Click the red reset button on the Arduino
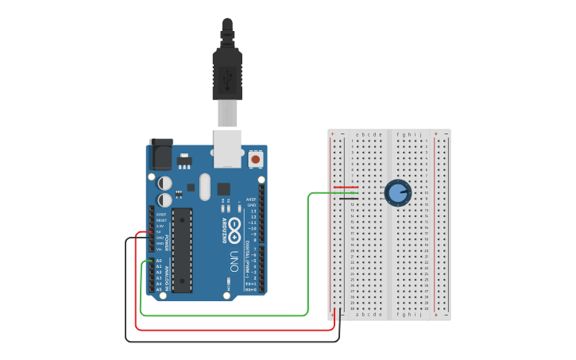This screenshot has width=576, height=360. (x=255, y=160)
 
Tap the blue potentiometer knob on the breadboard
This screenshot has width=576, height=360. (x=397, y=192)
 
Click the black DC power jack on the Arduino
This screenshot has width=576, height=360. (x=160, y=154)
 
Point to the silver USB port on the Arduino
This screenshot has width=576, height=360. (x=228, y=148)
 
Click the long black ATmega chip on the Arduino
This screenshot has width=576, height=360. (x=182, y=250)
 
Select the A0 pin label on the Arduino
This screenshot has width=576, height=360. (x=158, y=261)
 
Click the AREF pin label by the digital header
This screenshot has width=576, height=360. (x=251, y=199)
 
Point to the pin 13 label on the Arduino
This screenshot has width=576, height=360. (x=253, y=211)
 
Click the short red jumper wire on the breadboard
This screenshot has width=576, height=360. (x=346, y=188)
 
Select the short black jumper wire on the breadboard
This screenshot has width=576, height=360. (x=346, y=198)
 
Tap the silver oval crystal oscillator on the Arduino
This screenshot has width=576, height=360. (x=205, y=188)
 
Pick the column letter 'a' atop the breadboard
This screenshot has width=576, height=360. (x=357, y=135)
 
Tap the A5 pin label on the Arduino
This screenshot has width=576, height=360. (x=158, y=288)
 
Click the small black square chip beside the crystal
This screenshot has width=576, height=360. (x=223, y=189)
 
